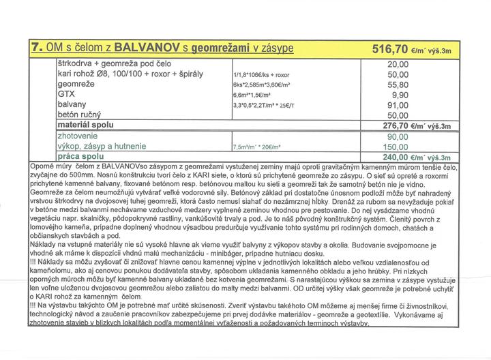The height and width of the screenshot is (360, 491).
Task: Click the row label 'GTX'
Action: click(x=67, y=94)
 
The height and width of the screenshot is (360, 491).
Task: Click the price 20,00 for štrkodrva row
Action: click(x=397, y=63)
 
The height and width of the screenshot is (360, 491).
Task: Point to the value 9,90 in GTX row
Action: click(x=400, y=95)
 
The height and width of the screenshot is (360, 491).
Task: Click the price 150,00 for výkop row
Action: click(x=396, y=147)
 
